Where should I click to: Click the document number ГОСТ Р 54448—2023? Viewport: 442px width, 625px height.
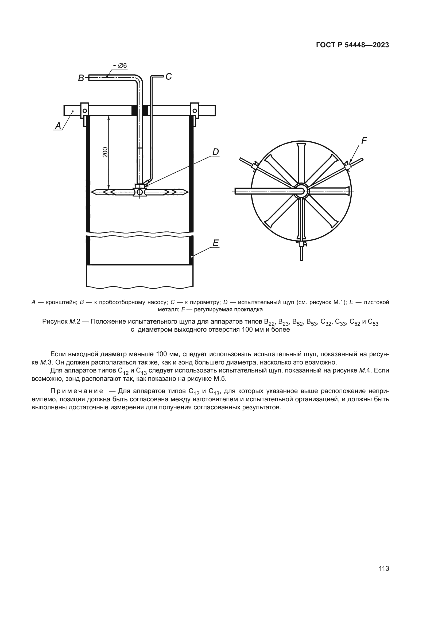click(x=352, y=45)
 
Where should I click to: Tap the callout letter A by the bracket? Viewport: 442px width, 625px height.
click(x=58, y=126)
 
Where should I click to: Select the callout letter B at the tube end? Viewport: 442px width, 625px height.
click(x=81, y=78)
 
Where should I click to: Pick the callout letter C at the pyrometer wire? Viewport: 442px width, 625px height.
click(x=168, y=77)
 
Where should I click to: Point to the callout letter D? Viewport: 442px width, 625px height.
click(x=215, y=152)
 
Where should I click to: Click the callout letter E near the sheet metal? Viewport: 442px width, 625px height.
click(x=216, y=243)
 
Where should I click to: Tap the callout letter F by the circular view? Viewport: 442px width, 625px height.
click(x=364, y=141)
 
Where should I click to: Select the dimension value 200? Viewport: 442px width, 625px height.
click(x=105, y=152)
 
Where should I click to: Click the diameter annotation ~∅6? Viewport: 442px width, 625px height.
click(x=120, y=66)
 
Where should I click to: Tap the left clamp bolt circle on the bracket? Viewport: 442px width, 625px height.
click(x=85, y=111)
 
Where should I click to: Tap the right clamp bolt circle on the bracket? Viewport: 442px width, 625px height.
click(x=195, y=111)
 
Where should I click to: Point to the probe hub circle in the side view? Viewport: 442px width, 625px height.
click(x=140, y=192)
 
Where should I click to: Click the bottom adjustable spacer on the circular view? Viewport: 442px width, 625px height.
click(x=301, y=244)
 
